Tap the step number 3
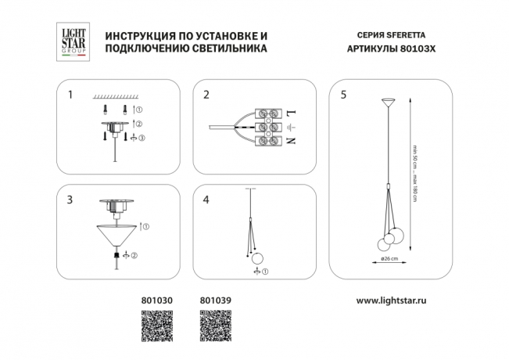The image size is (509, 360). point(70,200)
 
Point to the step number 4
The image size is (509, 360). point(206,200)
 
